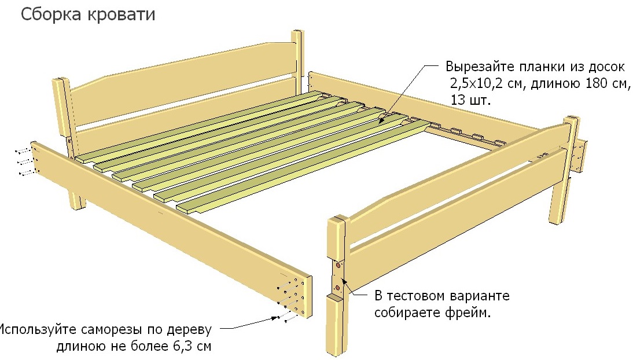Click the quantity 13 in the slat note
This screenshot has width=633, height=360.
(459, 100)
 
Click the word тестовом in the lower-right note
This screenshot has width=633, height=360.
(415, 296)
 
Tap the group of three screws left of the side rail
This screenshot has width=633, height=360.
(23, 161)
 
